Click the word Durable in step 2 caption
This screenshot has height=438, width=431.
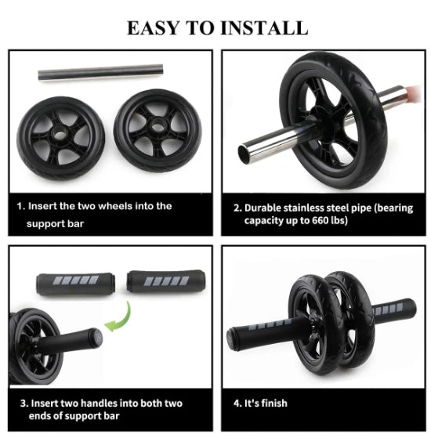click(x=266, y=208)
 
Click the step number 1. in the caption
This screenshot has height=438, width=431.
click(x=21, y=206)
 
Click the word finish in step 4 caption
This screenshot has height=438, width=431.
click(x=274, y=403)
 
